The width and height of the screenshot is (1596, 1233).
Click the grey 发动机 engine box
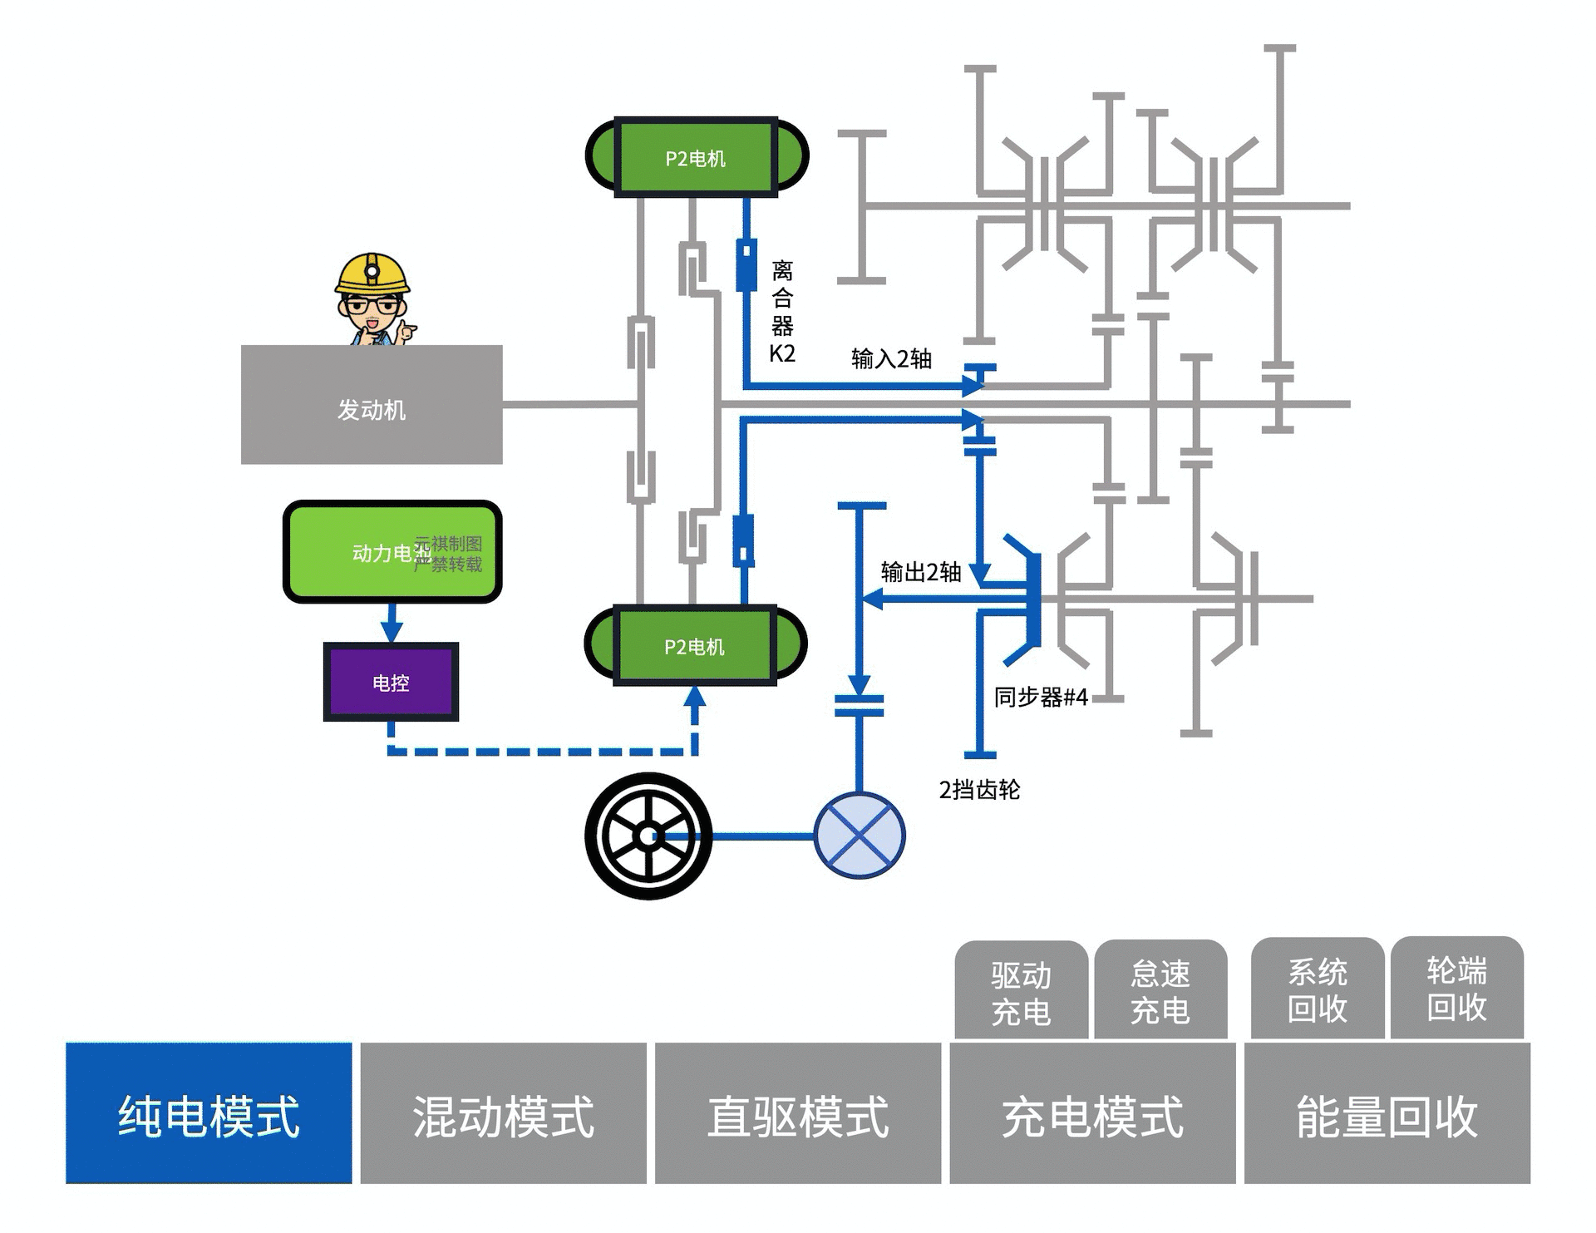372,405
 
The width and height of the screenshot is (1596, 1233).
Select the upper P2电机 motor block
696,157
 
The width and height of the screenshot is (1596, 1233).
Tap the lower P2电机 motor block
695,645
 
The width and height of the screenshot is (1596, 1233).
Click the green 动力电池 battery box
392,552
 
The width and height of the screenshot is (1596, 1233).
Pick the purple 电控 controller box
391,682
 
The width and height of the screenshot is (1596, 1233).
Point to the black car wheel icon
648,836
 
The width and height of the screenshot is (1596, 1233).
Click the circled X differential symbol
860,836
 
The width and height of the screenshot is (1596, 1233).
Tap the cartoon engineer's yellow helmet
372,272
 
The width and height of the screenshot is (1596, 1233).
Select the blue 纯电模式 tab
209,1113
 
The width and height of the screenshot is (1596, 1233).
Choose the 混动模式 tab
503,1113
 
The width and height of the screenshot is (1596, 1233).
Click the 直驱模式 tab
798,1113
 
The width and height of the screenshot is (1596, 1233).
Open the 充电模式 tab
1092,1113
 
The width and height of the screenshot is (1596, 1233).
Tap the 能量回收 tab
1387,1113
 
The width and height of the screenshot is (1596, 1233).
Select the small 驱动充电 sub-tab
1021,992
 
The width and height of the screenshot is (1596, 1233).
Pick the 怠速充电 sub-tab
1160,991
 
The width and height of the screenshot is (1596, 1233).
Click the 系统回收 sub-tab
1318,989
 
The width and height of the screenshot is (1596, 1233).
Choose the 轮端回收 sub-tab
1456,989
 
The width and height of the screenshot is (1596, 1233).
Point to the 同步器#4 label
1041,697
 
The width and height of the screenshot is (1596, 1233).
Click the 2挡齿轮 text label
979,789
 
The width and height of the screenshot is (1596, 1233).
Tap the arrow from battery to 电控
392,623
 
